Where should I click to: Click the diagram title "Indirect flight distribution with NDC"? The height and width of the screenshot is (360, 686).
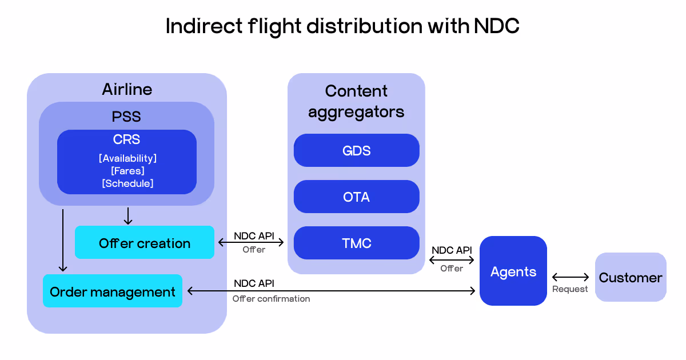(x=342, y=26)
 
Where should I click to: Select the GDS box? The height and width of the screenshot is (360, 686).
(x=356, y=150)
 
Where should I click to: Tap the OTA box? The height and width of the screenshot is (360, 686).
(x=356, y=197)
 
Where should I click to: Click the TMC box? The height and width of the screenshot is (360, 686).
(x=356, y=243)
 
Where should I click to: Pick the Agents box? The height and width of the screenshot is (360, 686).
(x=513, y=271)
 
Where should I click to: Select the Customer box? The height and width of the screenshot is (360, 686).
(x=630, y=278)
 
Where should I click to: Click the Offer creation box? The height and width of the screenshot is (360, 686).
(x=144, y=243)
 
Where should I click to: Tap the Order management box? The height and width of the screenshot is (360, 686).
(x=113, y=291)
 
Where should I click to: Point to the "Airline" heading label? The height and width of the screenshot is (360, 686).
(x=127, y=89)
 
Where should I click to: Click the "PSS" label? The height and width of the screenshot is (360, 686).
(x=126, y=117)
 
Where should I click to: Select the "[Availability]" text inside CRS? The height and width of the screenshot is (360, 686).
(x=127, y=158)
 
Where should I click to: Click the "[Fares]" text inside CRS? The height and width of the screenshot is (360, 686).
(x=127, y=170)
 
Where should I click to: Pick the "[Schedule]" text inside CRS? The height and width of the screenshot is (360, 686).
(x=127, y=183)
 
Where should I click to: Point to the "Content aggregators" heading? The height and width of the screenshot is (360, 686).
(x=356, y=101)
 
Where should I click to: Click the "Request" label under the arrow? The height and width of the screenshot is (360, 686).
(x=570, y=289)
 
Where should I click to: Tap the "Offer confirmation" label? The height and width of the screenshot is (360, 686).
(x=271, y=298)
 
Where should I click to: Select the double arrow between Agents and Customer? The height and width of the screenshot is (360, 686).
(x=570, y=278)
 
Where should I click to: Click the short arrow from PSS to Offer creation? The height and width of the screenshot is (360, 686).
(x=128, y=215)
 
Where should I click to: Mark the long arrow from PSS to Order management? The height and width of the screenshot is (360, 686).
(x=63, y=240)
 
